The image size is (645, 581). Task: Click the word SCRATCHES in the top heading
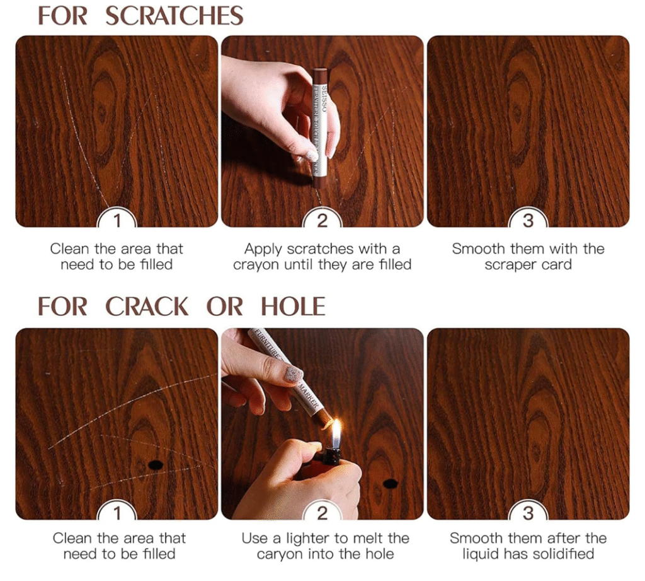point(174,16)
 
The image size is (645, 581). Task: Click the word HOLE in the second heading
point(293,307)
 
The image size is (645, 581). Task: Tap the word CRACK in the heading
point(146,307)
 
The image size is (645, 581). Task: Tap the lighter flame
point(336,433)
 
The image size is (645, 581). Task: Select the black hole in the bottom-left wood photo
point(156,465)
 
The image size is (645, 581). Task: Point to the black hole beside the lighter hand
point(390,484)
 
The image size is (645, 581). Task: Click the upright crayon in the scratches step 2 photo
point(321,127)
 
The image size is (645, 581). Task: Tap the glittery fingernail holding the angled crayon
point(294,375)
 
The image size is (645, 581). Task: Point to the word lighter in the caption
point(307,538)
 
